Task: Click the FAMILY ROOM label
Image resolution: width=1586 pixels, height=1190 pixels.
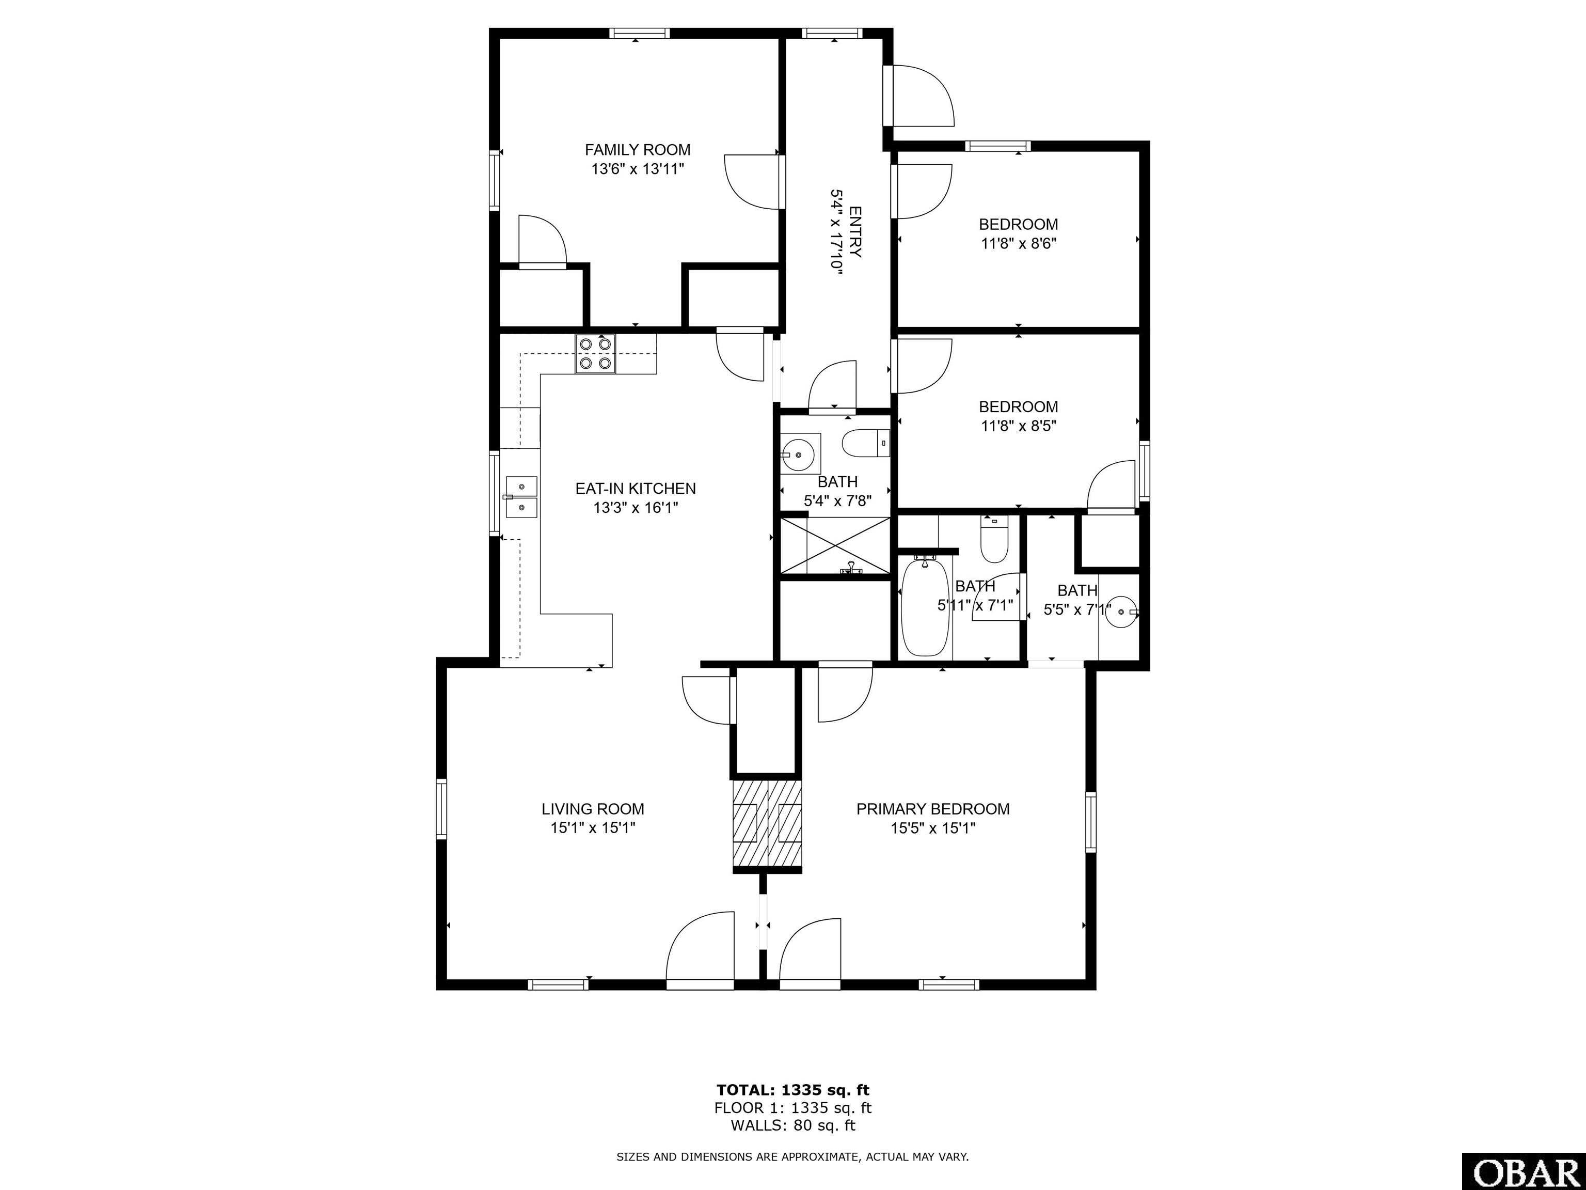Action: coord(638,150)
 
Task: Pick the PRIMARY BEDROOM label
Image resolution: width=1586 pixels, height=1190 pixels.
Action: coord(933,809)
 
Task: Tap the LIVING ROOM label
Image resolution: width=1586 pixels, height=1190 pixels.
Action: coord(593,809)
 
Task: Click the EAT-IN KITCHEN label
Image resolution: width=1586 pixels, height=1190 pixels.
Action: coord(635,489)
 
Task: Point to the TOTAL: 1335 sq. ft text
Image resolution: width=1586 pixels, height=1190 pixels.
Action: coord(793,1090)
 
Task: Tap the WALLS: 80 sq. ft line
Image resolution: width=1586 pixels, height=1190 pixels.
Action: coord(793,1125)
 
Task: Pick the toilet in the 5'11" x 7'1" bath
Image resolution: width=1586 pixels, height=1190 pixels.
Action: coord(994,539)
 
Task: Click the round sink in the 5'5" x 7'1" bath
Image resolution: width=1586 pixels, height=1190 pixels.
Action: coord(1121,613)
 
